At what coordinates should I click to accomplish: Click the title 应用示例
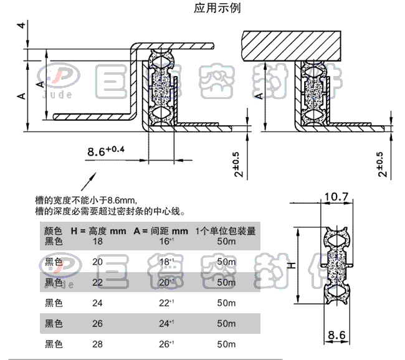tap(217, 8)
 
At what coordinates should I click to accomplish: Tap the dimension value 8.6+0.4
tap(107, 151)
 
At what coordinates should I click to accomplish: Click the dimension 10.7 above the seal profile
tap(336, 197)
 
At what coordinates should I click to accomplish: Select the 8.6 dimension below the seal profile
tap(336, 335)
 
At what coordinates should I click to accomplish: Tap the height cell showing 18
tap(97, 241)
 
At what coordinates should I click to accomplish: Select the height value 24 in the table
tap(97, 303)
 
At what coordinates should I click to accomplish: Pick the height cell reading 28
tap(97, 344)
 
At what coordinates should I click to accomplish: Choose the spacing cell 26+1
tap(166, 344)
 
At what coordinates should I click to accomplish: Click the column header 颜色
tap(54, 231)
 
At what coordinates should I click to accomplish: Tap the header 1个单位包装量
tap(225, 231)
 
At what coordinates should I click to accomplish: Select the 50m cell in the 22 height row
tap(226, 283)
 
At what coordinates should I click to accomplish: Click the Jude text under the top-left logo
tap(57, 95)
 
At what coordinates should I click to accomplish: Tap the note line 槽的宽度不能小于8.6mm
tap(85, 200)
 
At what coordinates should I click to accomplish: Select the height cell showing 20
tap(97, 262)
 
